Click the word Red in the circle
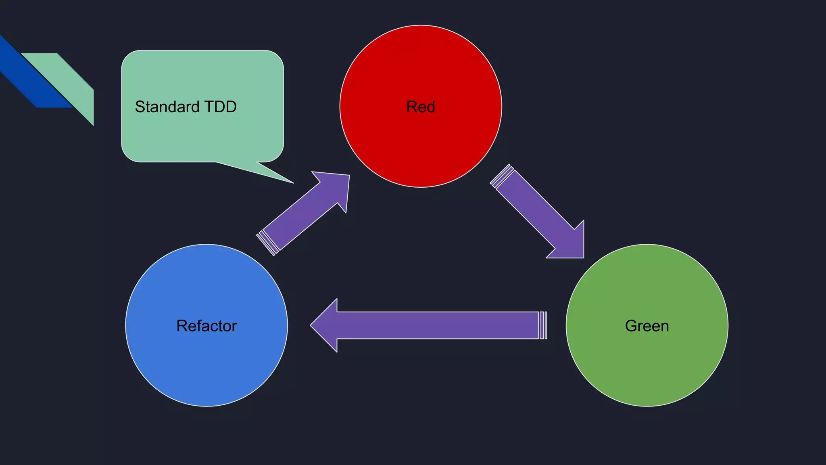point(420,107)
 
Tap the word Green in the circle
point(647,326)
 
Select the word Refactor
point(206,326)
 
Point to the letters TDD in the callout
point(220,107)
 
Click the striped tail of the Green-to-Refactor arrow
point(543,325)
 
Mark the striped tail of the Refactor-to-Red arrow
point(267,243)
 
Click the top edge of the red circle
point(421,26)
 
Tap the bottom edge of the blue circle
point(206,406)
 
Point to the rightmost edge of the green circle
point(728,325)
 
